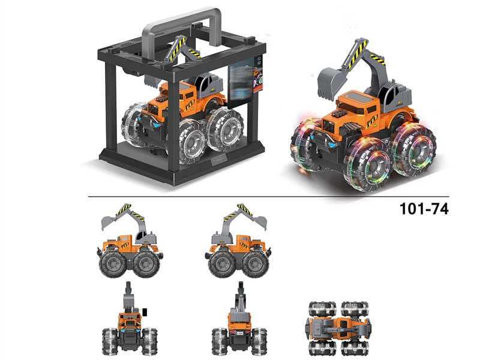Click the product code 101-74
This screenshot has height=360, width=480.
coord(424,209)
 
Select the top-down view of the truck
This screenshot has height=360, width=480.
coord(338,328)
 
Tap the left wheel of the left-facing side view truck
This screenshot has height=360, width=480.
coord(113,263)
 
